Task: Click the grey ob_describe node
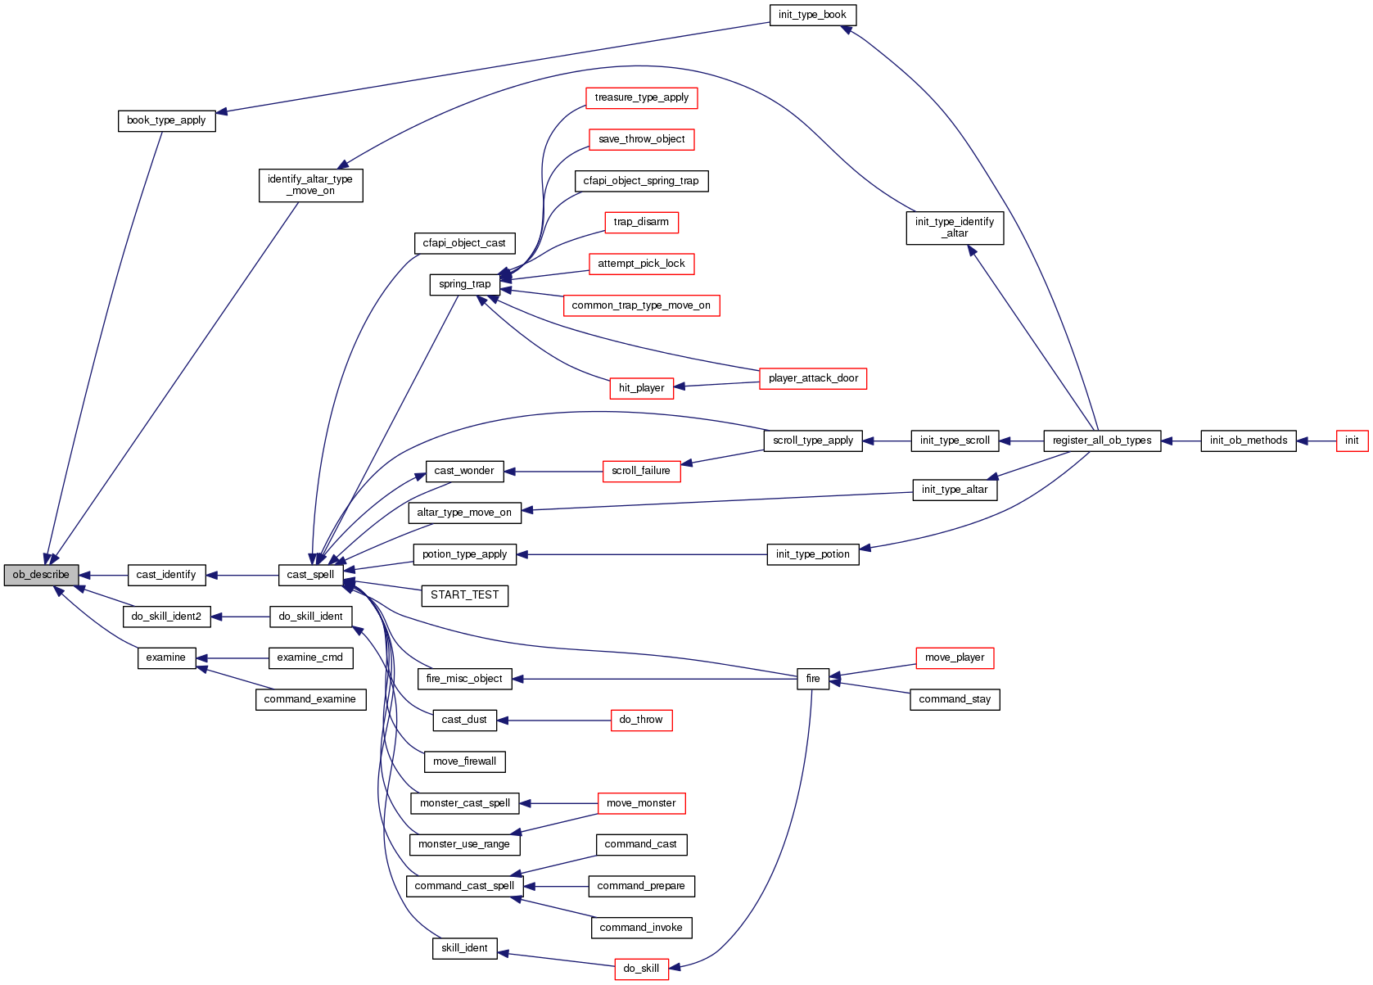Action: click(x=41, y=575)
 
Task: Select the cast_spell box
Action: click(x=310, y=575)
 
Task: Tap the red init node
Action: click(x=1352, y=441)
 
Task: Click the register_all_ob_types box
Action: click(x=1101, y=441)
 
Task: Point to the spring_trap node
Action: click(x=464, y=284)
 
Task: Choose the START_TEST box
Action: click(x=464, y=595)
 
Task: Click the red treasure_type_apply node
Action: click(x=641, y=97)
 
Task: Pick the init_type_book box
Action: click(x=812, y=15)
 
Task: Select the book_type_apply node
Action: click(x=166, y=120)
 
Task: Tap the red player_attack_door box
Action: click(x=812, y=378)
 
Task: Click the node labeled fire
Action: click(x=812, y=679)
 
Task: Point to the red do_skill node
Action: click(x=641, y=969)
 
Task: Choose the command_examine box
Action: click(x=310, y=699)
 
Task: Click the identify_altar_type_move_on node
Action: click(x=310, y=185)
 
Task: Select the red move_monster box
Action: click(x=641, y=803)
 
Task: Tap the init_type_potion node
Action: click(x=812, y=554)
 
